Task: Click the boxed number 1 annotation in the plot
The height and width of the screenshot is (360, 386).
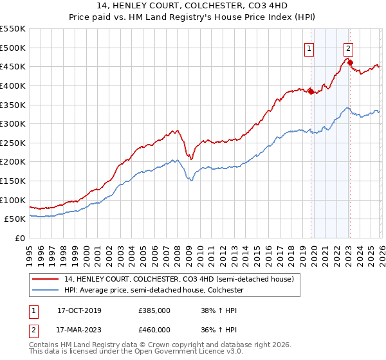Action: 309,47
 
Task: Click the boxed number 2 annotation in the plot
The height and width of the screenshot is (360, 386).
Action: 348,47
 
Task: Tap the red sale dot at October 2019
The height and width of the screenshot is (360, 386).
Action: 311,91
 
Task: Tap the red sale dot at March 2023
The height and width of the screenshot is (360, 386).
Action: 350,62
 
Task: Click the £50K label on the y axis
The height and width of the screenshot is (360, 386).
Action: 15,219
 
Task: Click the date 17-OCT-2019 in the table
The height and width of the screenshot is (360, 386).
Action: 79,310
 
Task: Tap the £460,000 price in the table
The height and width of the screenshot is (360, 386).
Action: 154,330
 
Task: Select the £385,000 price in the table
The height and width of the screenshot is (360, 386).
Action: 154,310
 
